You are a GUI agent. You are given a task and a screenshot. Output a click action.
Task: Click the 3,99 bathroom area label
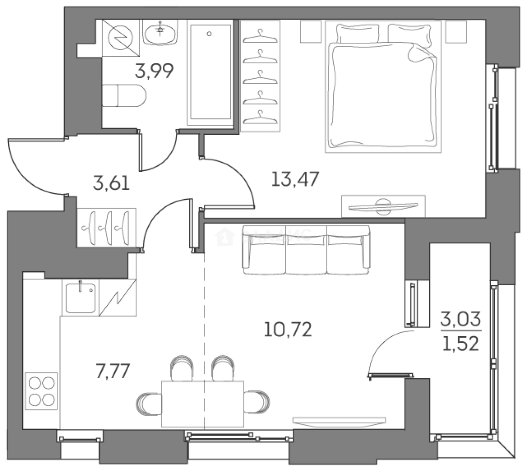tap(154, 70)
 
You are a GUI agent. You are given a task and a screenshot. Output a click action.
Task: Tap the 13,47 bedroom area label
tap(296, 179)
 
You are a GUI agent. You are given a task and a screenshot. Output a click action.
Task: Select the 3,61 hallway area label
tap(111, 183)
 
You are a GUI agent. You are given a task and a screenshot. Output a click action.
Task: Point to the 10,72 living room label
tap(288, 330)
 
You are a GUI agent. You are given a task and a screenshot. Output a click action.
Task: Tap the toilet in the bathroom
tap(124, 96)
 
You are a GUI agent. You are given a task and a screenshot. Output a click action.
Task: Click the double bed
tap(383, 87)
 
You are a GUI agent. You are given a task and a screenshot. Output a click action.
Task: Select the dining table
tap(203, 403)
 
